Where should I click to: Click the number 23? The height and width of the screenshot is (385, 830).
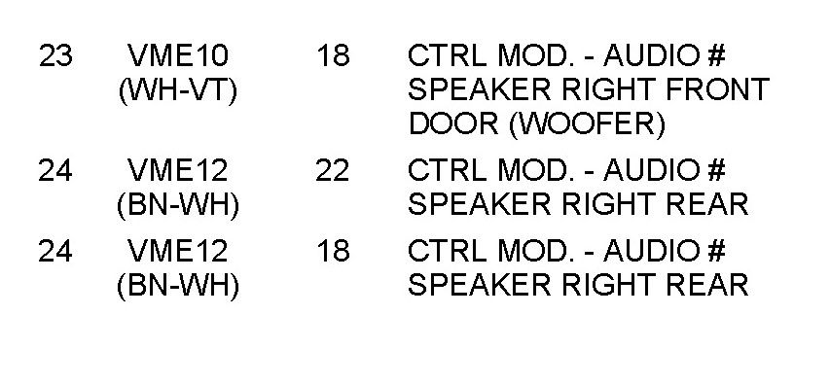point(55,55)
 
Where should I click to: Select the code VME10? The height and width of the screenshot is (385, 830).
point(178,55)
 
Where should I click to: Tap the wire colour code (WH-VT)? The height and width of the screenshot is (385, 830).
point(178,91)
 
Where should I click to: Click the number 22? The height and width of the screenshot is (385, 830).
point(333,170)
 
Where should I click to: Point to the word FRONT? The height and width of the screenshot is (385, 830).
point(717,89)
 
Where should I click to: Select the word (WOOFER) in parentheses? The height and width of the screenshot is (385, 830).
point(587,125)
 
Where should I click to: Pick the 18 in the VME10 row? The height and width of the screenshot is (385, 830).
point(333,55)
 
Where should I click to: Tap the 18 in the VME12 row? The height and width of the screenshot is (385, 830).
point(333,251)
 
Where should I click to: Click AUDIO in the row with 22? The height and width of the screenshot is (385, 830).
point(651,170)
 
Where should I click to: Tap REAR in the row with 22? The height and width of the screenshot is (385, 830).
point(707,205)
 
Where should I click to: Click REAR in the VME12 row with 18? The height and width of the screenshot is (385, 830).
point(707,285)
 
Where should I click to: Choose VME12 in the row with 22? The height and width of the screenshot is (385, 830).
point(178,170)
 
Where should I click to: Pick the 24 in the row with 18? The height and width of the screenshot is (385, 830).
point(55,251)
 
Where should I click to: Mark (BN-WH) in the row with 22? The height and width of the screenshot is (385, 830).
point(178,206)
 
